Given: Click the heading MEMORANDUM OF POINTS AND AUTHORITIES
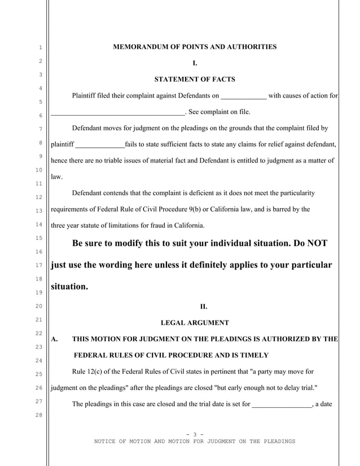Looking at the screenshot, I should click(x=195, y=47).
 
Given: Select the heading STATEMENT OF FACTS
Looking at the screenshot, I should click(x=195, y=79).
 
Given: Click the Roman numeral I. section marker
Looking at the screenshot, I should click(x=195, y=63).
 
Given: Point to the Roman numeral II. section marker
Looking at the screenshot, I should click(x=204, y=307).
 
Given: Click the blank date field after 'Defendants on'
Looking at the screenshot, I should click(x=243, y=96).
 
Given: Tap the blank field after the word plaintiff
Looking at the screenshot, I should click(x=100, y=144).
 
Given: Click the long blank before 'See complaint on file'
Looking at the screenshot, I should click(x=118, y=112).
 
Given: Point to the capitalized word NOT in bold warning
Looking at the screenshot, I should click(x=315, y=243).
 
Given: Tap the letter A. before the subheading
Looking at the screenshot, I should click(x=55, y=339).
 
